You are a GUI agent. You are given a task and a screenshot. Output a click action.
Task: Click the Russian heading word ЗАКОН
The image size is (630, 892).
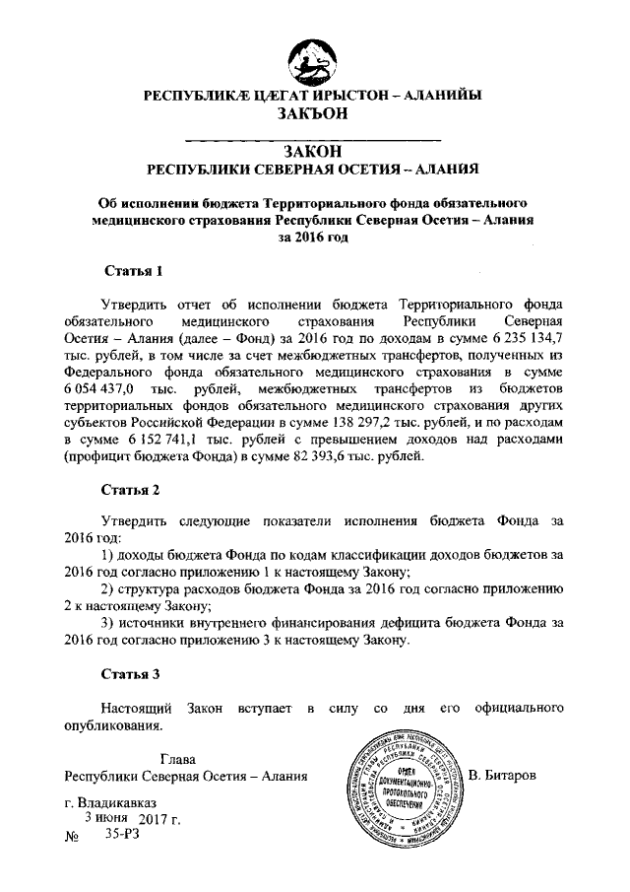(314, 150)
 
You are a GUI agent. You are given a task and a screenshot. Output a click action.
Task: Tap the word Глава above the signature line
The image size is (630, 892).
(177, 759)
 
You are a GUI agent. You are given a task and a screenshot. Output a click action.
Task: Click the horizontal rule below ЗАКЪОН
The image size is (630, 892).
(313, 134)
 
